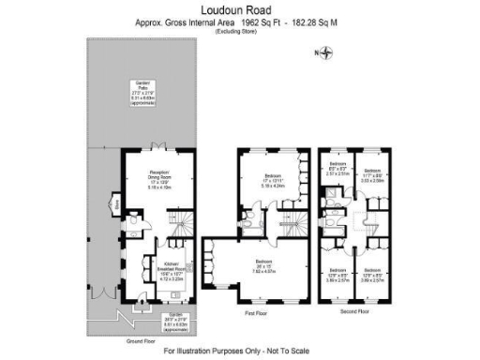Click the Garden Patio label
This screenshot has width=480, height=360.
[x=142, y=93]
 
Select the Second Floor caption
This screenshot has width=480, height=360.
[x=354, y=308]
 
